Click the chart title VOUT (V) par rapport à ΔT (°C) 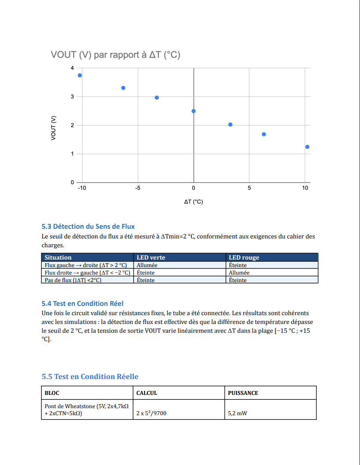115,55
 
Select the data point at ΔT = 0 194,111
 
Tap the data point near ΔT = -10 80,75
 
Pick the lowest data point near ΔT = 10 307,147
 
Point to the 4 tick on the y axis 72,68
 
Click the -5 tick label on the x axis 137,188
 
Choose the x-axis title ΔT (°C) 193,202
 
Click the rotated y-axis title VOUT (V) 53,128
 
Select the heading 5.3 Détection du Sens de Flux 88,227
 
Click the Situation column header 58,257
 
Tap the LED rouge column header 244,257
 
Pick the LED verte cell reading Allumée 147,265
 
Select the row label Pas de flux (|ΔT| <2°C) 73,280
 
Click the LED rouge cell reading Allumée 239,273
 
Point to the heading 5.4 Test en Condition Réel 82,303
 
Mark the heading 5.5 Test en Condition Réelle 90,376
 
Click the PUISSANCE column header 243,393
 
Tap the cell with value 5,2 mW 238,414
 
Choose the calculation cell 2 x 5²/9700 152,414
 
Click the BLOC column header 52,393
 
